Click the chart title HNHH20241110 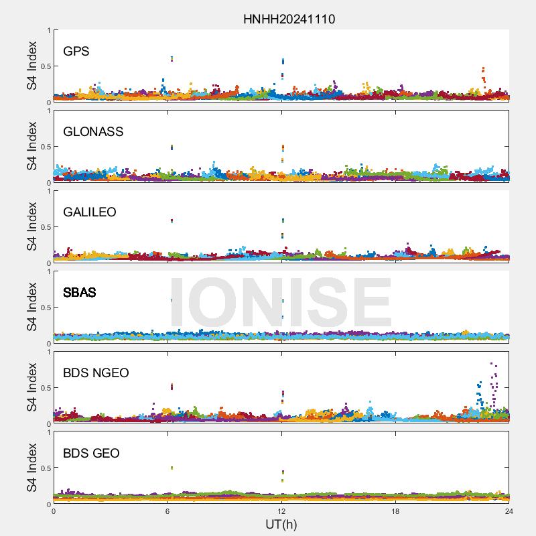289,19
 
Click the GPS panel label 76,51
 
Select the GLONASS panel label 93,131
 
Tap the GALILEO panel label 90,212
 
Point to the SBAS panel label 80,292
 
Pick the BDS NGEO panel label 96,373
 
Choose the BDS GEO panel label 91,453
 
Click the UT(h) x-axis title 281,524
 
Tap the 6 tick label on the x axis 167,511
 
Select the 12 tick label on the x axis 281,511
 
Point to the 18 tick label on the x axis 395,511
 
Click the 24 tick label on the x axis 509,511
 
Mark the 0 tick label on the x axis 54,511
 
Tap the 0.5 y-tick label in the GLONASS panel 42,147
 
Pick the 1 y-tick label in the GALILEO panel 48,191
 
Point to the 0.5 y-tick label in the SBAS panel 42,308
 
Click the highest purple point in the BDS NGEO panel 492,364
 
